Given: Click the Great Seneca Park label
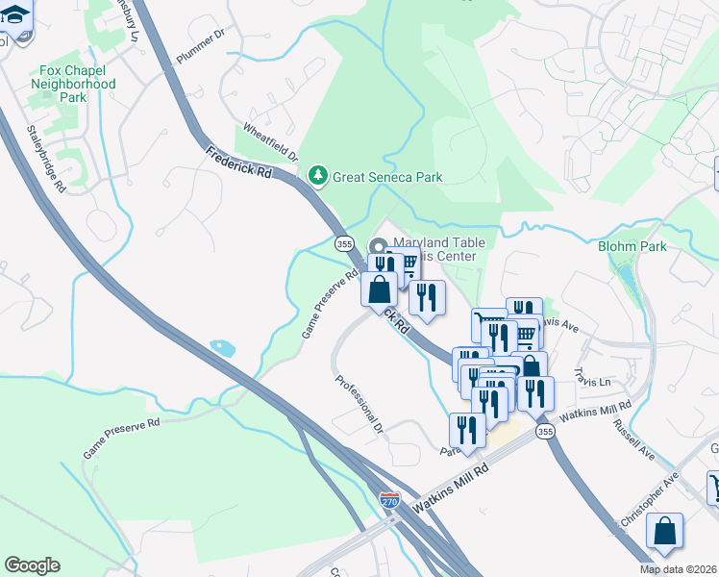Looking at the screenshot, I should point(387,177).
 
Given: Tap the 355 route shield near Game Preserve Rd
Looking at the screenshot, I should point(344,244).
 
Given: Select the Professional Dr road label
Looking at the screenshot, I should point(359,402).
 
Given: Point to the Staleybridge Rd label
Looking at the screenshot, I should point(45,159).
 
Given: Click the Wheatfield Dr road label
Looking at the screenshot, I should point(270,141).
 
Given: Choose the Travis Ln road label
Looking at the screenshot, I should point(592,370).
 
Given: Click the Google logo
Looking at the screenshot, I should point(32,565).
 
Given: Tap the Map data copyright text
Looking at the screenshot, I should point(679,569).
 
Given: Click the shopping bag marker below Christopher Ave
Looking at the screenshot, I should point(664,531).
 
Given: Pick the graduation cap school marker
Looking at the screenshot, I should point(16,17).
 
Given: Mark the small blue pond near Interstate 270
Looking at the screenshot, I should point(222,346).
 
